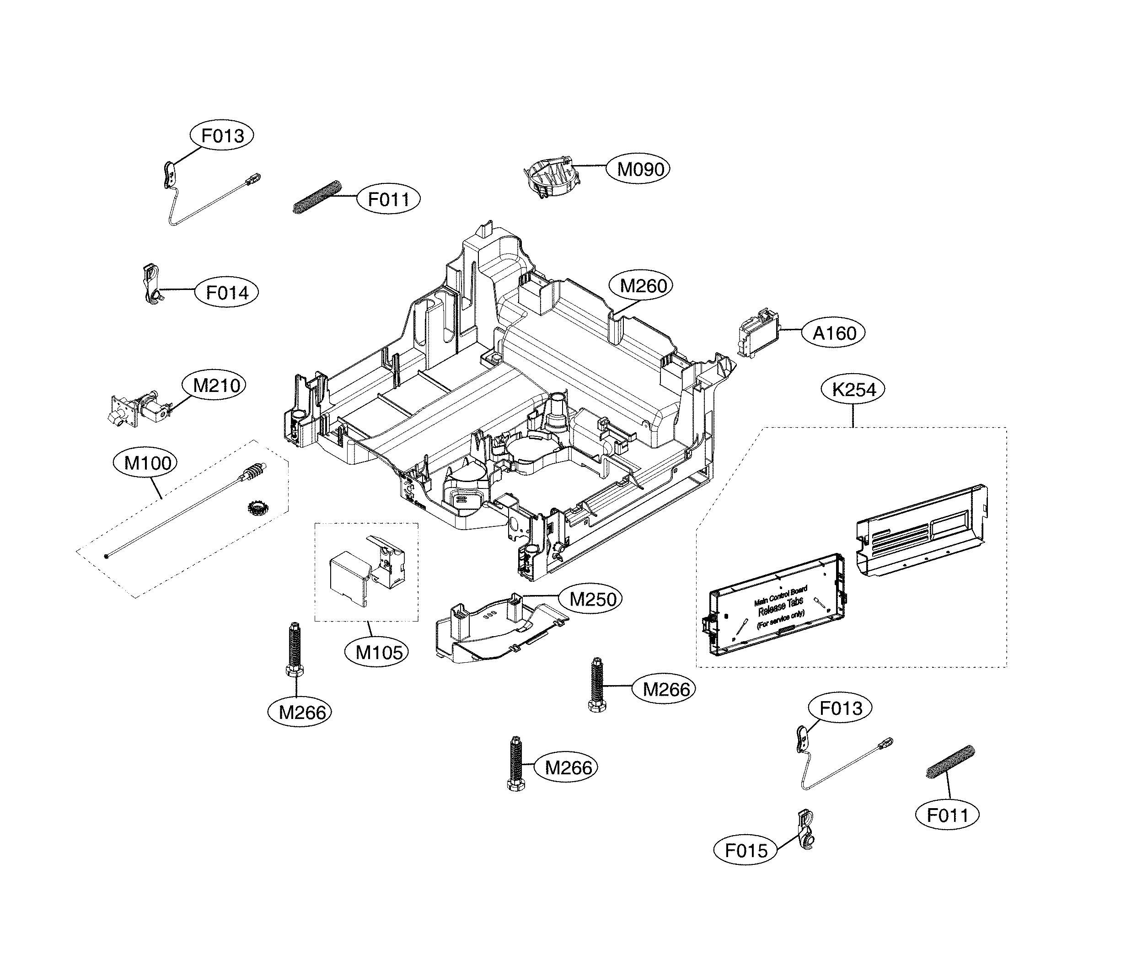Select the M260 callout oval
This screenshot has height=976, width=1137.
(x=643, y=286)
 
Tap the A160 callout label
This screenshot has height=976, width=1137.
(x=834, y=333)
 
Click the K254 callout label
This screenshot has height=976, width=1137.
(x=854, y=390)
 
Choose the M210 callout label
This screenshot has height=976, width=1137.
(x=217, y=386)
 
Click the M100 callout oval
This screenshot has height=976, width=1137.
(x=148, y=463)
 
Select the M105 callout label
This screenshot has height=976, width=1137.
(x=379, y=652)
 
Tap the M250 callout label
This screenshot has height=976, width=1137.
(x=593, y=599)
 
